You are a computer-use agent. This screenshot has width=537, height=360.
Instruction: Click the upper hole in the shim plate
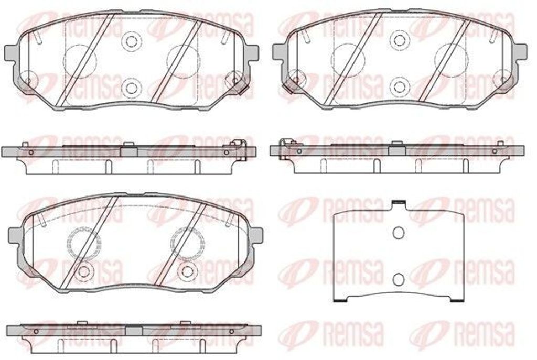coord(399,233)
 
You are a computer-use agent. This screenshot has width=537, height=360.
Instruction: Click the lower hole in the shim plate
coord(399,280)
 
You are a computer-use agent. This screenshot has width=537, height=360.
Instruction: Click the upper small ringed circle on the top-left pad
coord(131,41)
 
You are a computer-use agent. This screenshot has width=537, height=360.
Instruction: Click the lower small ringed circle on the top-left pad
coord(131,88)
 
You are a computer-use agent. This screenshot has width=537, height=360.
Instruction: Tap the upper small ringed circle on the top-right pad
coord(399,40)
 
